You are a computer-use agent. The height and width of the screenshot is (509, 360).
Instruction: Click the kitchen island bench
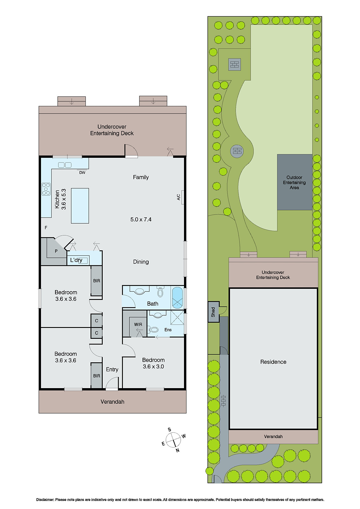point(80,206)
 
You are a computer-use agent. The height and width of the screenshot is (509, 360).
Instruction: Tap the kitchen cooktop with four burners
point(46,189)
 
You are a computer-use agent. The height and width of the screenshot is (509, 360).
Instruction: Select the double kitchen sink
point(65,165)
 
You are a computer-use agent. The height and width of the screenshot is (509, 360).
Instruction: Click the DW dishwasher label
point(82,173)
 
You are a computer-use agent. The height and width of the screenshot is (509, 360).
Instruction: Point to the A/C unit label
point(179,197)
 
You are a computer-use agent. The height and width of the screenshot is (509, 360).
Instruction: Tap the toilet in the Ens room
point(154,330)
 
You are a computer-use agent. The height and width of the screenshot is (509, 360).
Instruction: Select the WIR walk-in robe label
point(138,324)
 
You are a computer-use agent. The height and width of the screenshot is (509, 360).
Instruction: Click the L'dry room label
point(76,260)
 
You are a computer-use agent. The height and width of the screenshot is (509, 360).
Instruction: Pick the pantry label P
point(56,251)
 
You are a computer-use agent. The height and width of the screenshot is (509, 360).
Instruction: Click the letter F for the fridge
point(46,227)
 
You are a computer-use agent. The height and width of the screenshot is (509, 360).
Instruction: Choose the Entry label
point(112,369)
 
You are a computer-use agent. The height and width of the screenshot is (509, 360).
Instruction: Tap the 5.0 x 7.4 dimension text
point(141,220)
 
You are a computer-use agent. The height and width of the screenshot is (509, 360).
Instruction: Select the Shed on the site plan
point(213,312)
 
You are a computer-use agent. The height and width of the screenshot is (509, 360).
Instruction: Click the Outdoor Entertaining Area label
point(294,182)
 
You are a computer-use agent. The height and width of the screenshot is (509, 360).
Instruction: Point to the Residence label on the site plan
point(273,362)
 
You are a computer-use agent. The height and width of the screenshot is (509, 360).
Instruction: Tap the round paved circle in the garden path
point(237,151)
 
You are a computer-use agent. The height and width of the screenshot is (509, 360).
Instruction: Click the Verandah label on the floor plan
point(112,402)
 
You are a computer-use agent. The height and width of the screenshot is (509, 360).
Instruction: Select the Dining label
point(141,262)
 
